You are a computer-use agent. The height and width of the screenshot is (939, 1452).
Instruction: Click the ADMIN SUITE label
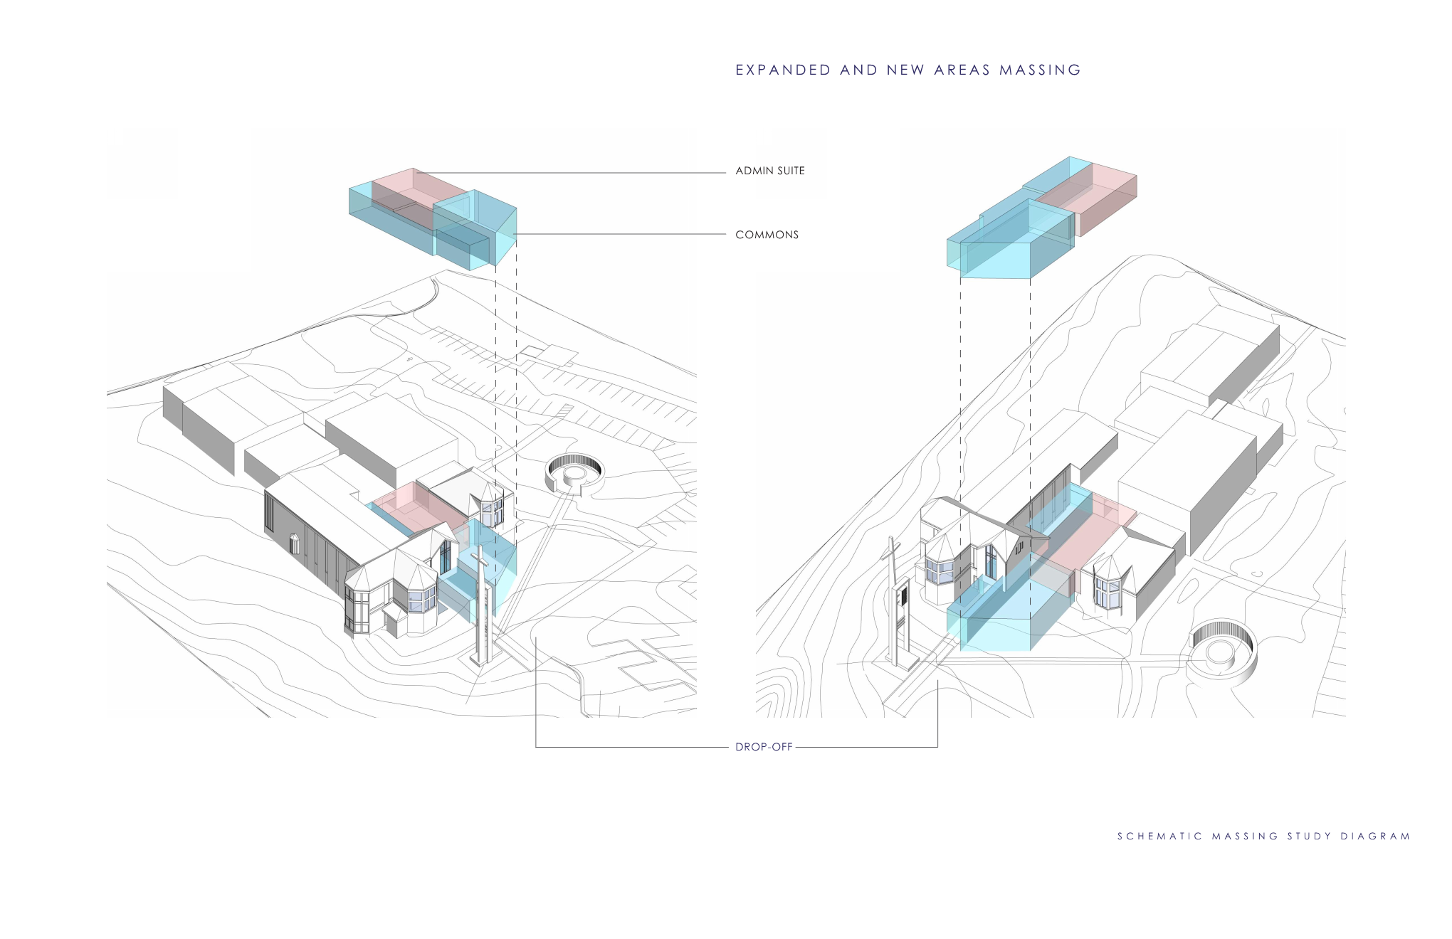point(769,171)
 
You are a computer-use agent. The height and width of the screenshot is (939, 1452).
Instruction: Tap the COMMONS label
point(767,235)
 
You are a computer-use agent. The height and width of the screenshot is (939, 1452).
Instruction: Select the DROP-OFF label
point(763,747)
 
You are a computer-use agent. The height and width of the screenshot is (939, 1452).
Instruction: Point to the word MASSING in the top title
point(1040,70)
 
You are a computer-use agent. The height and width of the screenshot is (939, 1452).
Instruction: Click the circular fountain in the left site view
point(574,472)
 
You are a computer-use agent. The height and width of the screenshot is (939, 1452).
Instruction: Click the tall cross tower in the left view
point(483,605)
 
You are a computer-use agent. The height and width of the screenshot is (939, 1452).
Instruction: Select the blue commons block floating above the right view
point(1011,242)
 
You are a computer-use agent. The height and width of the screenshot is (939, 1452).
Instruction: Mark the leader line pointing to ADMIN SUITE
point(569,173)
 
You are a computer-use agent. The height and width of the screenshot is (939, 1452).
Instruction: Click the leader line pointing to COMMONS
point(619,234)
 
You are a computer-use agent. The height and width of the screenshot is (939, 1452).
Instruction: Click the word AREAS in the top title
point(962,70)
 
